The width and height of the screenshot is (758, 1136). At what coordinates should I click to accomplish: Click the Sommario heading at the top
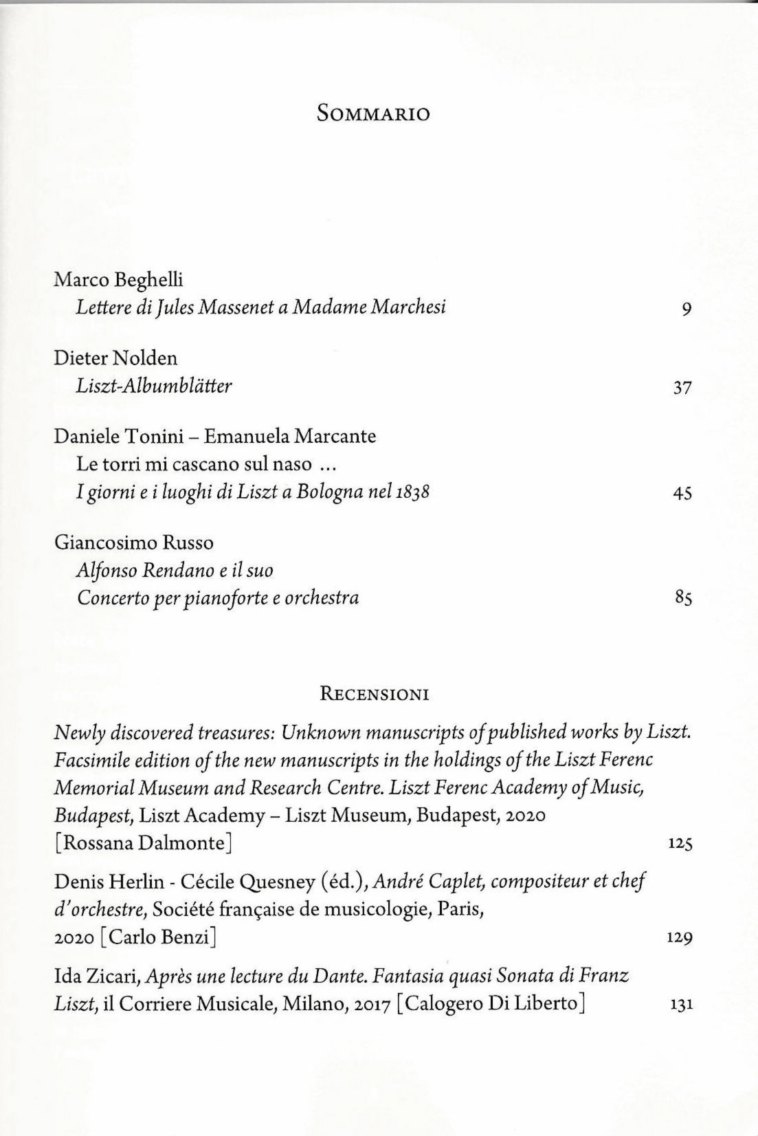(x=373, y=113)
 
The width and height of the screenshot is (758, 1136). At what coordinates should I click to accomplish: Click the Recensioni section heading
(x=375, y=693)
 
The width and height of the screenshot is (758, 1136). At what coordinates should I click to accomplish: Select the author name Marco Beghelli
(x=118, y=280)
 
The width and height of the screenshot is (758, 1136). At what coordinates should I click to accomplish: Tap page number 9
(x=686, y=309)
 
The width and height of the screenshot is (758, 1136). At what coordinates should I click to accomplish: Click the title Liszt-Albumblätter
(x=154, y=386)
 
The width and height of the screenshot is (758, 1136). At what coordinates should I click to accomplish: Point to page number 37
(x=682, y=388)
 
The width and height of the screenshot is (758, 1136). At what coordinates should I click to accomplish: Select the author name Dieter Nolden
(x=115, y=358)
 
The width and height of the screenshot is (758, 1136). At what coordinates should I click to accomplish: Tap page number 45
(x=682, y=493)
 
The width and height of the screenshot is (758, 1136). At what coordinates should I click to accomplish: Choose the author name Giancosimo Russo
(x=133, y=543)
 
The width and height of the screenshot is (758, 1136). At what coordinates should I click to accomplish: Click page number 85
(x=682, y=598)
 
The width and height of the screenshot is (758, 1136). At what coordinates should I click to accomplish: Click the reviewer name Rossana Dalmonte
(x=143, y=842)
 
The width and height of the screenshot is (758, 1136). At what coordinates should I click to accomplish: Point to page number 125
(x=680, y=843)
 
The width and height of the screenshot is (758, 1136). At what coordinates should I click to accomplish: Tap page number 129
(x=680, y=937)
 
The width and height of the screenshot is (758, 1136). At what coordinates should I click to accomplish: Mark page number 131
(x=680, y=1005)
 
